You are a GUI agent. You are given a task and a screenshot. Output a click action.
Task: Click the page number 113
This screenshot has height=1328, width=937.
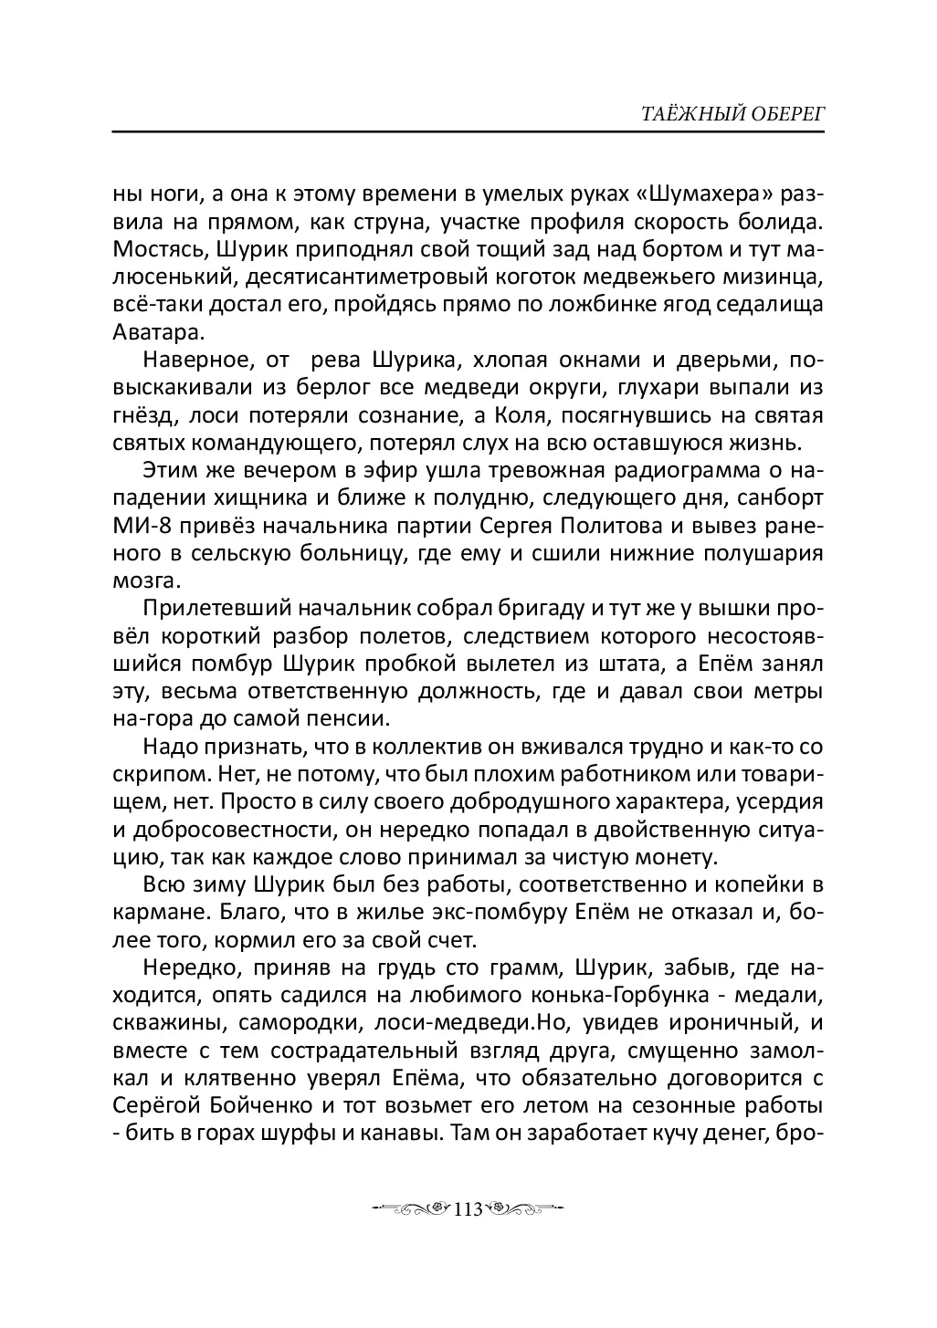tap(468, 1210)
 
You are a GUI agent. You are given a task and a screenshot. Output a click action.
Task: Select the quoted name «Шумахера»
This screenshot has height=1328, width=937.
tap(700, 196)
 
